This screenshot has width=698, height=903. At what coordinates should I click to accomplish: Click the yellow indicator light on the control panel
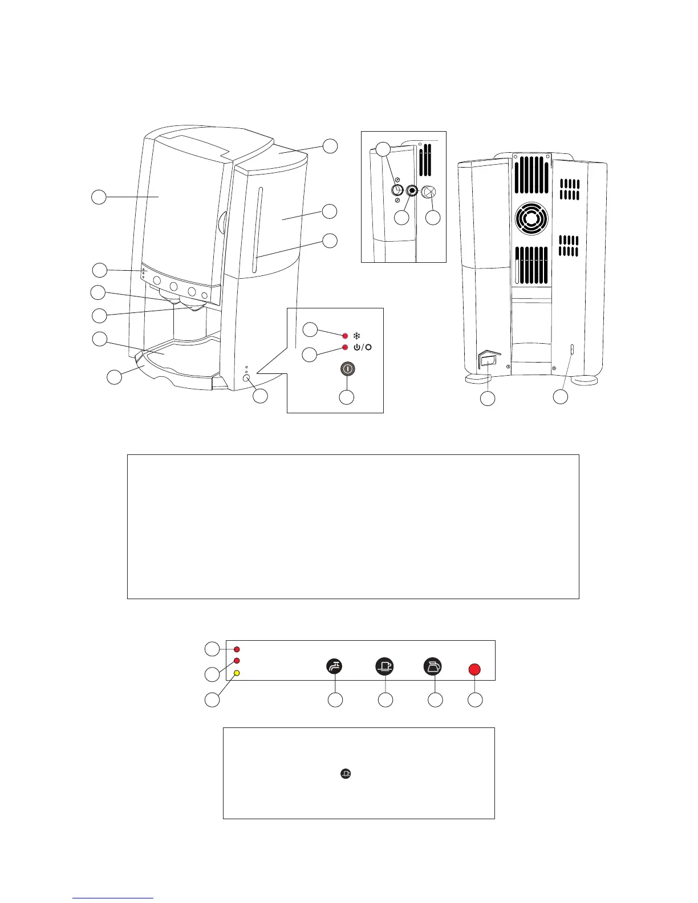coord(237,673)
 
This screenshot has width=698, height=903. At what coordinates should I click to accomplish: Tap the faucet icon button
coord(334,666)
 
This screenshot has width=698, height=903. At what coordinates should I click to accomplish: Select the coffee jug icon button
coord(433,666)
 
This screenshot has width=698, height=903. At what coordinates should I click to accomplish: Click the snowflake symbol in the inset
coord(357,336)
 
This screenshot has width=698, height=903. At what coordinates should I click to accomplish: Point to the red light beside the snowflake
coord(345,336)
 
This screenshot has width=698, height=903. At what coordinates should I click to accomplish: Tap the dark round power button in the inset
coord(347,369)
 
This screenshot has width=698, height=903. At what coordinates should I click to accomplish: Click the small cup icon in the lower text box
coord(345,774)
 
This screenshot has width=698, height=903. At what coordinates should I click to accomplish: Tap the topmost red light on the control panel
coord(237,649)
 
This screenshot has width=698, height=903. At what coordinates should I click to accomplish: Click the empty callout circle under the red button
coord(475,699)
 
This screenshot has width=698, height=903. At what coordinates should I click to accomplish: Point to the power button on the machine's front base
coord(246,378)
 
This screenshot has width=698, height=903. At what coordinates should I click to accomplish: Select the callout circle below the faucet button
coord(335,699)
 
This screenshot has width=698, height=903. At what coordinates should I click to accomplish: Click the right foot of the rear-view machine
coord(586,379)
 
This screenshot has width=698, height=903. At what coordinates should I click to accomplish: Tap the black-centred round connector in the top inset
coord(412,192)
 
